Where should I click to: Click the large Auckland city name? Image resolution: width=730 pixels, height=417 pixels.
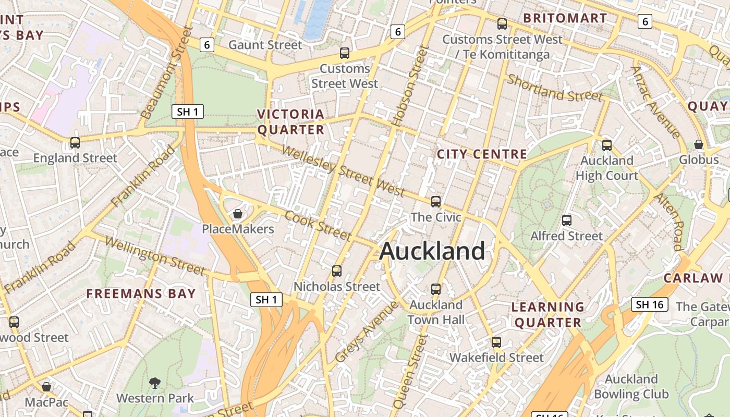coord(432,251)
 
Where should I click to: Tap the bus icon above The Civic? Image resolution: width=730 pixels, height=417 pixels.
coord(436,201)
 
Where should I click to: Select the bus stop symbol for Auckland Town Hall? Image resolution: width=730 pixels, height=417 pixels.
coord(436,288)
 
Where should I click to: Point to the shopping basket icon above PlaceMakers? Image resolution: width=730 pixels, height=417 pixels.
coord(238,214)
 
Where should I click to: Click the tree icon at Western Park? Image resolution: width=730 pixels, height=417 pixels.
coord(155,383)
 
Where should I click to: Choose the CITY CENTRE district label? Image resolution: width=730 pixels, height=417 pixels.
coord(482,154)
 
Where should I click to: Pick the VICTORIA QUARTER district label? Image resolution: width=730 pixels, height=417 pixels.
coord(291,121)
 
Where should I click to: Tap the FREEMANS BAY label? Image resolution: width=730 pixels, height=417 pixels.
coord(141,293)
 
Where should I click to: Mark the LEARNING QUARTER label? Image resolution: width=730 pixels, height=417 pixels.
coord(547,314)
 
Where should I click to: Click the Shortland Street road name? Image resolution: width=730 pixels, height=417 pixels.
coord(555,88)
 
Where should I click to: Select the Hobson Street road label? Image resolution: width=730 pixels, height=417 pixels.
coord(410,87)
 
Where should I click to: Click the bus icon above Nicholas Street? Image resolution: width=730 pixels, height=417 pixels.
coord(337,271)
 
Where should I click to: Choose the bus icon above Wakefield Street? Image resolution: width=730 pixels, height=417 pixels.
coord(496,342)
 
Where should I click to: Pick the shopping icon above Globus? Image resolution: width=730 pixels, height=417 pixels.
coord(699,144)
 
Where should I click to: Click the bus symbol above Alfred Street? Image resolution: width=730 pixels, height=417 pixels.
coord(567,220)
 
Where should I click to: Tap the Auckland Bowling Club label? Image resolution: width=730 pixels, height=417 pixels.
coord(631,386)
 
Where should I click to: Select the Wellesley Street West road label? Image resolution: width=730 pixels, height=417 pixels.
coord(344,170)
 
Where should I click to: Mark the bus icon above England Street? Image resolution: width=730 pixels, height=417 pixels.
coord(75,142)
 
